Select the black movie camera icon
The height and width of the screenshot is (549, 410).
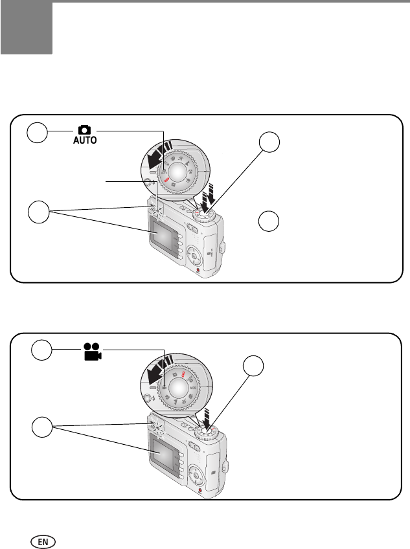click(x=93, y=352)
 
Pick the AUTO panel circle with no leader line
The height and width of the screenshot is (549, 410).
click(x=270, y=221)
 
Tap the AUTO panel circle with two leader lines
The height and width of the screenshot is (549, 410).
click(x=40, y=212)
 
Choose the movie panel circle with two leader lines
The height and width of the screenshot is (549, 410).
click(x=43, y=429)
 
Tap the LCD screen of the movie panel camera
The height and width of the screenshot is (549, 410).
click(x=165, y=451)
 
